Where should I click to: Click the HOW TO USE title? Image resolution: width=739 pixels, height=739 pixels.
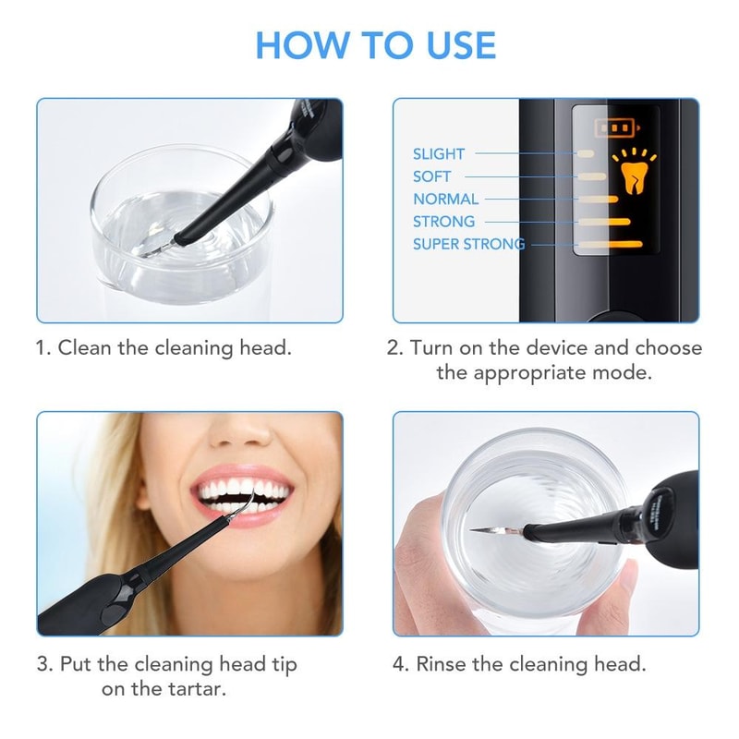375,45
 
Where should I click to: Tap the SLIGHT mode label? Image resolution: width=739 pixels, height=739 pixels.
439,154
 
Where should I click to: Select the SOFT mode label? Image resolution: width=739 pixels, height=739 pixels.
432,176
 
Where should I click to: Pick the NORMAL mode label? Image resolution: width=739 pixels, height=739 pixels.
445,199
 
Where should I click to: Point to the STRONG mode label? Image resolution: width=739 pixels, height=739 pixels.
443,222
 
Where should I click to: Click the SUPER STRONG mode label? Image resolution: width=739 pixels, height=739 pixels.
468,244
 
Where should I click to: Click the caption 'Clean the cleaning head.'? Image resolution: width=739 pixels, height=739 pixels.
164,348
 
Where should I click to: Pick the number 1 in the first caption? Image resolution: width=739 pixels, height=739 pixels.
42,348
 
